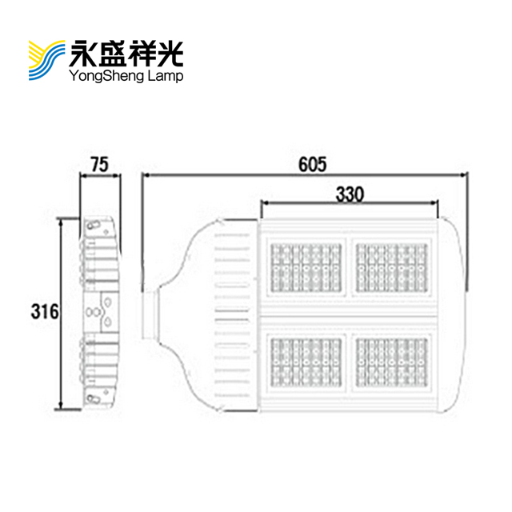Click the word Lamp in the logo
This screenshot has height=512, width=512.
[166, 77]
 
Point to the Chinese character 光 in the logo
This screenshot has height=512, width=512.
[170, 53]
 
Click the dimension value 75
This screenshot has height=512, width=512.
[99, 166]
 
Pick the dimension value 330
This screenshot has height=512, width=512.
[350, 194]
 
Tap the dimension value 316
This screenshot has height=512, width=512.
[42, 311]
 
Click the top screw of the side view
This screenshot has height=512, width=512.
[94, 226]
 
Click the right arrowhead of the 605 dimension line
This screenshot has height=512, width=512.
[466, 174]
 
